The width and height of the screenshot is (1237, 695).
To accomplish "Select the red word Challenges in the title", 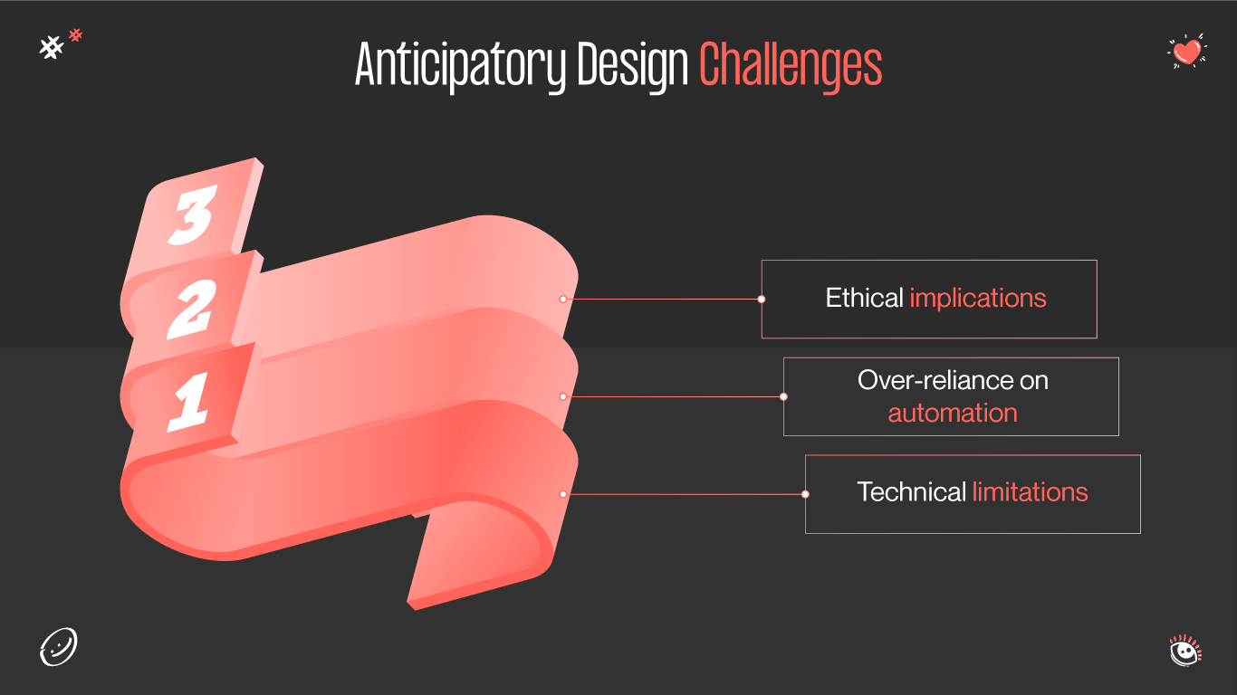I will tap(791, 65).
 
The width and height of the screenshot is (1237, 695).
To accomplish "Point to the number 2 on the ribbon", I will tap(191, 308).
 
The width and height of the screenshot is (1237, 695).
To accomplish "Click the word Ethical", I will tap(864, 299).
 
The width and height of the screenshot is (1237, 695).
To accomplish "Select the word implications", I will tap(978, 299).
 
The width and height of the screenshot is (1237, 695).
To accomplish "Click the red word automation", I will tap(953, 414).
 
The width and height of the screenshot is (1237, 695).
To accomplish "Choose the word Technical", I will tap(911, 492).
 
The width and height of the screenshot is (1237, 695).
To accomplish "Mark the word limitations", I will tap(1030, 492).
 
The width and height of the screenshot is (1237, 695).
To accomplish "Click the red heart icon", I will tap(1186, 52).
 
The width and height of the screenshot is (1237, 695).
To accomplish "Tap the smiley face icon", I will tap(59, 647).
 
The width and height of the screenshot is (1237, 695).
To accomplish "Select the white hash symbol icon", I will tap(52, 48).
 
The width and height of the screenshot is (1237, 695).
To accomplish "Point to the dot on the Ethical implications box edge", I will tap(762, 299).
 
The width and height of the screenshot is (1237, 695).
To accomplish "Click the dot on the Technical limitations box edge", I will tap(805, 494).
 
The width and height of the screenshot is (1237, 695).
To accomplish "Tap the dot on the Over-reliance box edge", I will tap(783, 396).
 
